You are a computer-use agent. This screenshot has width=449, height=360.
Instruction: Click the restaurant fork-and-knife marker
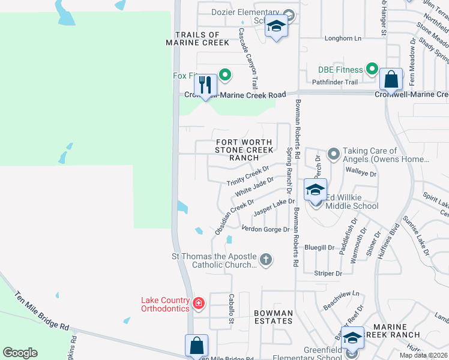pos(205,84)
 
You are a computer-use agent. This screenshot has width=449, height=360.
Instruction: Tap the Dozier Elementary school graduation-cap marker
pos(276,26)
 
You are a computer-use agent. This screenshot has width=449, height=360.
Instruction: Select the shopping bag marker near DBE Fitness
pos(391,79)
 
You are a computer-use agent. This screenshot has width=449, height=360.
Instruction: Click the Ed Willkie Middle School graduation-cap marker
pos(315,190)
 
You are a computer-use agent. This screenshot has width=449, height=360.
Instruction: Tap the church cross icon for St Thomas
pos(265,260)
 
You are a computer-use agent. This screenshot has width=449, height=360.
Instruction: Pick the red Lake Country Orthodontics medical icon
pos(199,304)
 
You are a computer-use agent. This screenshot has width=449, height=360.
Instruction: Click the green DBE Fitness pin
pos(372,70)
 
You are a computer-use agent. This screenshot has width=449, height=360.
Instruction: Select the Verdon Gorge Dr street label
pos(265,229)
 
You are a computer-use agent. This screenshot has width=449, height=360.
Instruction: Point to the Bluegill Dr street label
pos(319,247)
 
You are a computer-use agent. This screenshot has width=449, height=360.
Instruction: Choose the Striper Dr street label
pos(328,274)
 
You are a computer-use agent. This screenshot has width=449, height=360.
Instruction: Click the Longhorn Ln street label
pos(343,38)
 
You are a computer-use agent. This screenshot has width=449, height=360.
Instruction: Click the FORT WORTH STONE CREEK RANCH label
pos(244,150)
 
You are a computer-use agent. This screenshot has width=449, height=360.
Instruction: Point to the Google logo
pos(20,353)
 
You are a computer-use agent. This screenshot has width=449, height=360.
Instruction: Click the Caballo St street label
pos(231,310)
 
